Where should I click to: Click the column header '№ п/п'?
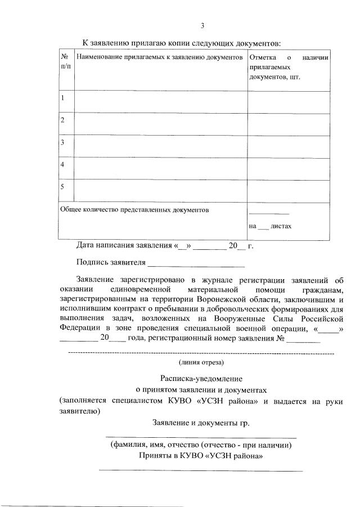pos(66,62)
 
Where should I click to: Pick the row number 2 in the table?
pos(62,120)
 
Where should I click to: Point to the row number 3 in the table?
pos(62,142)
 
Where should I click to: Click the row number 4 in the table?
pos(62,164)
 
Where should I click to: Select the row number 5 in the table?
pos(62,186)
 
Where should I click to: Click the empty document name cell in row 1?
pos(160,102)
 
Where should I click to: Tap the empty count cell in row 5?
pos(288,191)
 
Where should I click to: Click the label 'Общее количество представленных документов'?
pos(134,210)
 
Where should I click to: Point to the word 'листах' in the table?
pos(281,226)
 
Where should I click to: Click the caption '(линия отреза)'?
pos(201,362)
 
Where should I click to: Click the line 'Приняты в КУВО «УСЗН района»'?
pos(201,455)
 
